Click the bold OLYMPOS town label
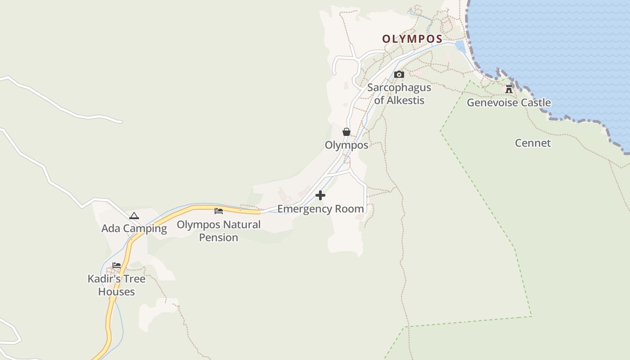click(x=412, y=39)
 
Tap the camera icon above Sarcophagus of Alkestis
click(x=399, y=75)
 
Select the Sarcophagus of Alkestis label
click(x=399, y=94)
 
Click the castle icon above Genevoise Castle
click(x=509, y=89)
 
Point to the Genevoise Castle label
click(x=508, y=103)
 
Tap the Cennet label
click(x=533, y=143)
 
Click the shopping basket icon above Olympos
click(x=346, y=132)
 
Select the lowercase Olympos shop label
click(x=346, y=145)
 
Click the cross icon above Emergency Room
click(x=320, y=195)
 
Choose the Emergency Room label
click(x=320, y=209)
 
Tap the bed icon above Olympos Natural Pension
click(x=219, y=211)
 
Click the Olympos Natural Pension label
click(x=219, y=230)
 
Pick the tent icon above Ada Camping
click(x=134, y=216)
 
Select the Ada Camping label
click(x=134, y=229)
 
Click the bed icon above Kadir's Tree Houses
click(x=117, y=265)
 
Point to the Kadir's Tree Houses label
click(x=117, y=285)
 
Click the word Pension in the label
click(x=219, y=238)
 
